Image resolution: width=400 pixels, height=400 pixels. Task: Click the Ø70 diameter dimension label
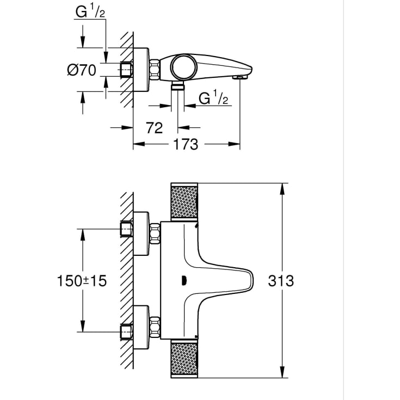(x=82, y=70)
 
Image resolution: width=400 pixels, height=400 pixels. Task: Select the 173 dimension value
(x=186, y=144)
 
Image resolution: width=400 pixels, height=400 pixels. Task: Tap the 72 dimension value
(x=155, y=128)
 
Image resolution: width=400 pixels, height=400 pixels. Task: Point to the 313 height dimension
(x=281, y=281)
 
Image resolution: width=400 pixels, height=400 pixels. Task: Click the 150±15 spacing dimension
(x=82, y=281)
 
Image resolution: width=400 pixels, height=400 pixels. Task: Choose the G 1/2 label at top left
(x=90, y=12)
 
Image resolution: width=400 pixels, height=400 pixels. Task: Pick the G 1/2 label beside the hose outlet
(x=213, y=98)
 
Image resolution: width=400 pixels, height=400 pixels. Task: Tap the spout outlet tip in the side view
(x=240, y=77)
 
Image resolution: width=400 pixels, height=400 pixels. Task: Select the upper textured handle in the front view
(x=184, y=201)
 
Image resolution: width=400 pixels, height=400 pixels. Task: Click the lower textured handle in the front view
(x=184, y=359)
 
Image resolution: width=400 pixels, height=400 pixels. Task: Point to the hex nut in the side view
(x=155, y=69)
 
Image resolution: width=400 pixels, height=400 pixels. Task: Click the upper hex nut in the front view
(x=155, y=233)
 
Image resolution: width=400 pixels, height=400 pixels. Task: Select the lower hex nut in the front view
(x=155, y=327)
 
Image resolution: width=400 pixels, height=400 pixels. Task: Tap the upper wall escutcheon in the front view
(x=141, y=233)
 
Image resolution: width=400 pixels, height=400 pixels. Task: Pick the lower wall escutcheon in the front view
(x=141, y=327)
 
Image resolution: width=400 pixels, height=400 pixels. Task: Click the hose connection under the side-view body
(x=177, y=86)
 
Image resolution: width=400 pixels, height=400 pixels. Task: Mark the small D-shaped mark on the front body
(x=184, y=281)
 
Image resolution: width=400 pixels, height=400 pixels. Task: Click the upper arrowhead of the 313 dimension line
(x=282, y=189)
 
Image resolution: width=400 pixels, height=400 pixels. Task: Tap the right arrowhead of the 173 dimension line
(x=234, y=144)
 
